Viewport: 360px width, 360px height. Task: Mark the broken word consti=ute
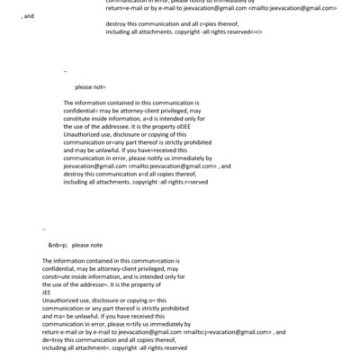point(58,275)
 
